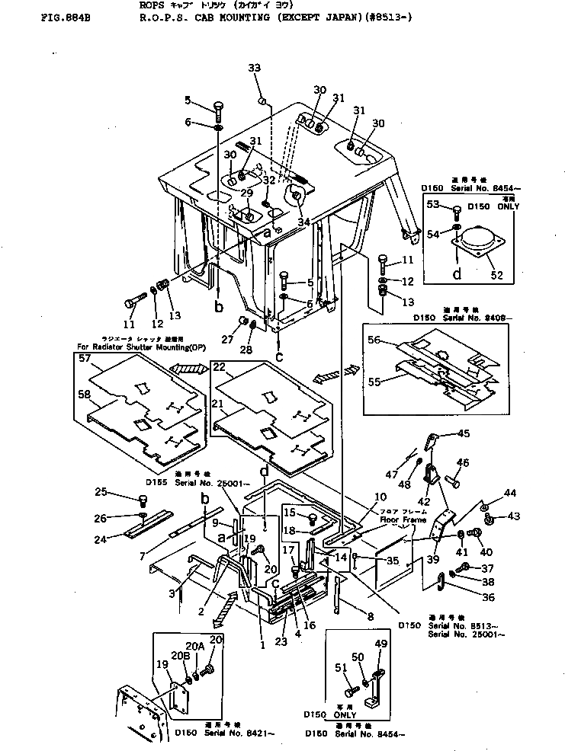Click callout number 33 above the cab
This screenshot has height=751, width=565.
[255, 69]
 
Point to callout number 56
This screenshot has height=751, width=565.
[374, 340]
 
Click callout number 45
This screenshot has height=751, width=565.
[464, 434]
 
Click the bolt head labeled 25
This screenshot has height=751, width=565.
[142, 500]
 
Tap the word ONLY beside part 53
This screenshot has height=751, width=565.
[508, 206]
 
